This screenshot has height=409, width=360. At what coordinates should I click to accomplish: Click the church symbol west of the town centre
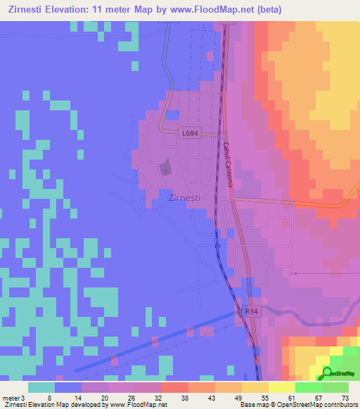(166, 169)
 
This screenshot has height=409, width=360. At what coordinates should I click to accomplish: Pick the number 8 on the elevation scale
(49, 397)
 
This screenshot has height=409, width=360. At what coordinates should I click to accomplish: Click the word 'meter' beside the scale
(12, 397)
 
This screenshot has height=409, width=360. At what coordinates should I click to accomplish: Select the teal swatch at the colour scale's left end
(41, 387)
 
